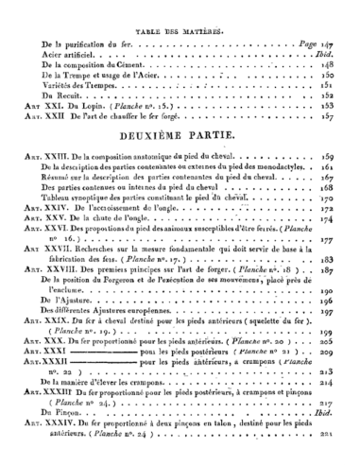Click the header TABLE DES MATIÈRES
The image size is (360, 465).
[x=179, y=30]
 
